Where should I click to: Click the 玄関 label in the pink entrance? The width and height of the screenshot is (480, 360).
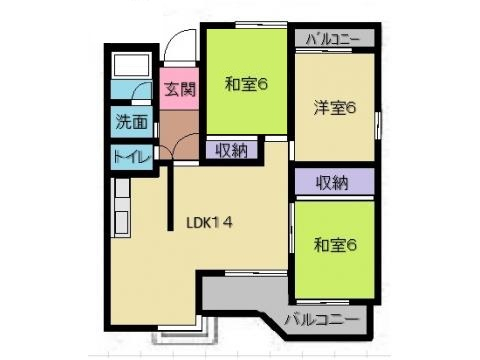180,89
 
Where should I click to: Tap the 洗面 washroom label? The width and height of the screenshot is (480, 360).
132,121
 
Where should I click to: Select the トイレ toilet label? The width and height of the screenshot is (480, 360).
131,156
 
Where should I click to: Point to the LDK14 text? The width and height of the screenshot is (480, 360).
209,223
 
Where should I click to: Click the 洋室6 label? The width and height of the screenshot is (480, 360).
335,108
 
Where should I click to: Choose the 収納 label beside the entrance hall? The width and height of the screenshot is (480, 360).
231,151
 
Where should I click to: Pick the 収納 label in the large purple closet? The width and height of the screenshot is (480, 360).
332,182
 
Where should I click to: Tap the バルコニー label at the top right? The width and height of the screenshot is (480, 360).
333,40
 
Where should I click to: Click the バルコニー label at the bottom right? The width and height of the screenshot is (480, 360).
322,319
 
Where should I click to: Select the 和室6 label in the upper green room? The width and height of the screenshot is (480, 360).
246,84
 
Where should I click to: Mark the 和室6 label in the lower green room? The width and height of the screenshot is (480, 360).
335,245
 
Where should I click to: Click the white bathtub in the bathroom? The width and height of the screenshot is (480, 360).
131,65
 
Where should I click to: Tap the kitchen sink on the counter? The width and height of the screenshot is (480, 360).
121,222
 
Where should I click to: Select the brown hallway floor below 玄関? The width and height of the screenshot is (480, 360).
179,135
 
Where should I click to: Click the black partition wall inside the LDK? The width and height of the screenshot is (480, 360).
170,197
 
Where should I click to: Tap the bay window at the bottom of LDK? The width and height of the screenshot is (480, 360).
185,333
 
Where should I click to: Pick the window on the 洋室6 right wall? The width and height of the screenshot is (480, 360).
378,125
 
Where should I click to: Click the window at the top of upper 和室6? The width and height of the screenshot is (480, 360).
261,25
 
